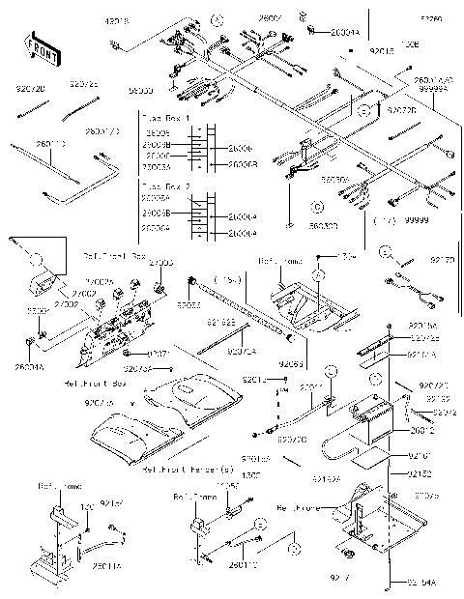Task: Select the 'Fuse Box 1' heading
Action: point(165,118)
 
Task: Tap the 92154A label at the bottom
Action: point(423,583)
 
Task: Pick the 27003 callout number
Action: point(162,263)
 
